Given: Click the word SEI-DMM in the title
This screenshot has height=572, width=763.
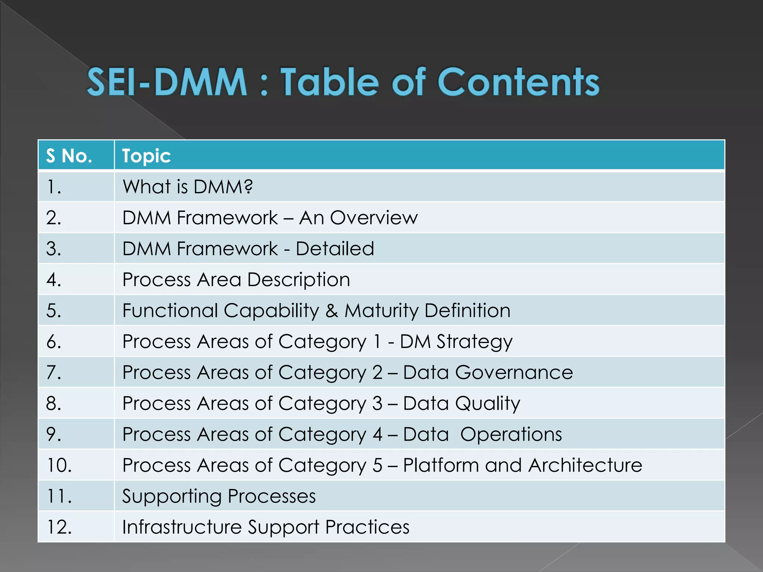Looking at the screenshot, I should (167, 82).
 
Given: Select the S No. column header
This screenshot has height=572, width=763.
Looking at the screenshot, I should (69, 156).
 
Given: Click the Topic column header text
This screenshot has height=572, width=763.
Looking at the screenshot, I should (146, 156).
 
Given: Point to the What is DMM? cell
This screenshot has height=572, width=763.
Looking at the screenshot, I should (188, 187).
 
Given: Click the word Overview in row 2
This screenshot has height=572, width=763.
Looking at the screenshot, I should (374, 217).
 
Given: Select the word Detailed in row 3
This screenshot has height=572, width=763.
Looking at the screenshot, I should (335, 248).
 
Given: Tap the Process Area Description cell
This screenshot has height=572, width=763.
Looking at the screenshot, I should (236, 280).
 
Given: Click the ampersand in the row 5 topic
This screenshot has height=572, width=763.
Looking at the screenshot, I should (332, 311).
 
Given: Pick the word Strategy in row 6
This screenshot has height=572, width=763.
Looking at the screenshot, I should (474, 341).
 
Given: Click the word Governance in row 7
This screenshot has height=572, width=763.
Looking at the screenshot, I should (514, 372).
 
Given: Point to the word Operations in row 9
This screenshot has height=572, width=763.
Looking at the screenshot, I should (511, 434).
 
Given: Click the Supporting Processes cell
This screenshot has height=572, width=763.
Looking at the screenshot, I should (219, 496).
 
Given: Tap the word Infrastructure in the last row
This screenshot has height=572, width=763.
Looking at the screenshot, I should (182, 527).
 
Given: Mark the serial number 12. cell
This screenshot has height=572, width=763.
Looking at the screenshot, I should (60, 527).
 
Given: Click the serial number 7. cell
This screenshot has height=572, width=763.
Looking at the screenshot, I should (54, 372).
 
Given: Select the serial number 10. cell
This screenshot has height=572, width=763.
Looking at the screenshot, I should (60, 465).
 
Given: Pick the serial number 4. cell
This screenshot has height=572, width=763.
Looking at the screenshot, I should (54, 280).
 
